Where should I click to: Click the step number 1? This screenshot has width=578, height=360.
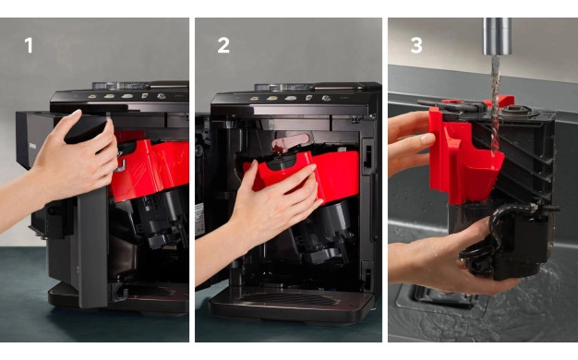pyautogui.click(x=29, y=45)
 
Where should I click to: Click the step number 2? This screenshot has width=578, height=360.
pyautogui.click(x=223, y=45)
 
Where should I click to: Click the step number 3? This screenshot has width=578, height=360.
pyautogui.click(x=416, y=45)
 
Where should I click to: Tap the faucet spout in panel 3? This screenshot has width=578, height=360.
pyautogui.click(x=498, y=36)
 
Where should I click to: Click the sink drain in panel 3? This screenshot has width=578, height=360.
pyautogui.click(x=442, y=296)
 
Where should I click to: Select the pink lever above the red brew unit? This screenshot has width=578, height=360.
pyautogui.click(x=290, y=141)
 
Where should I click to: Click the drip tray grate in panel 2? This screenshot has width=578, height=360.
pyautogui.click(x=291, y=298)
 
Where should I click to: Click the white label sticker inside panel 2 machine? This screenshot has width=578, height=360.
pyautogui.click(x=199, y=220)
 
